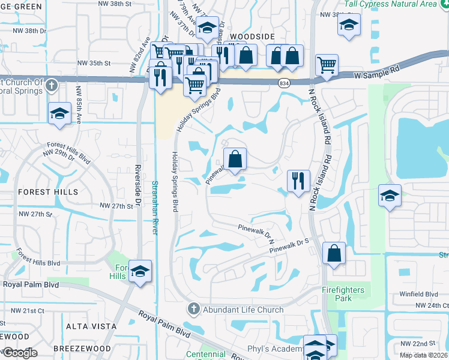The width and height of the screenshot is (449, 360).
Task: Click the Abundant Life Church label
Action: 243,310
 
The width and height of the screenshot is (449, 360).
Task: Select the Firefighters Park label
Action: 343,293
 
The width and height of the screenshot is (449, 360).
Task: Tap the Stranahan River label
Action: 154,203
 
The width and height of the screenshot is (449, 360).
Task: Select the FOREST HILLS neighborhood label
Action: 48,192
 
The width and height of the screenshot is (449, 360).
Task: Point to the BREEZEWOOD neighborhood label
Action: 82,349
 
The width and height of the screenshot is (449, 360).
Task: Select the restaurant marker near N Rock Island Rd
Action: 298,180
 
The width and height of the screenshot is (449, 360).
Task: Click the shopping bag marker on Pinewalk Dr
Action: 236,160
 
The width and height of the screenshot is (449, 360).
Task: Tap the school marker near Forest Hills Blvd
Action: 140,271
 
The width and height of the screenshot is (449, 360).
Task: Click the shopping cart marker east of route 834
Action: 326,64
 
